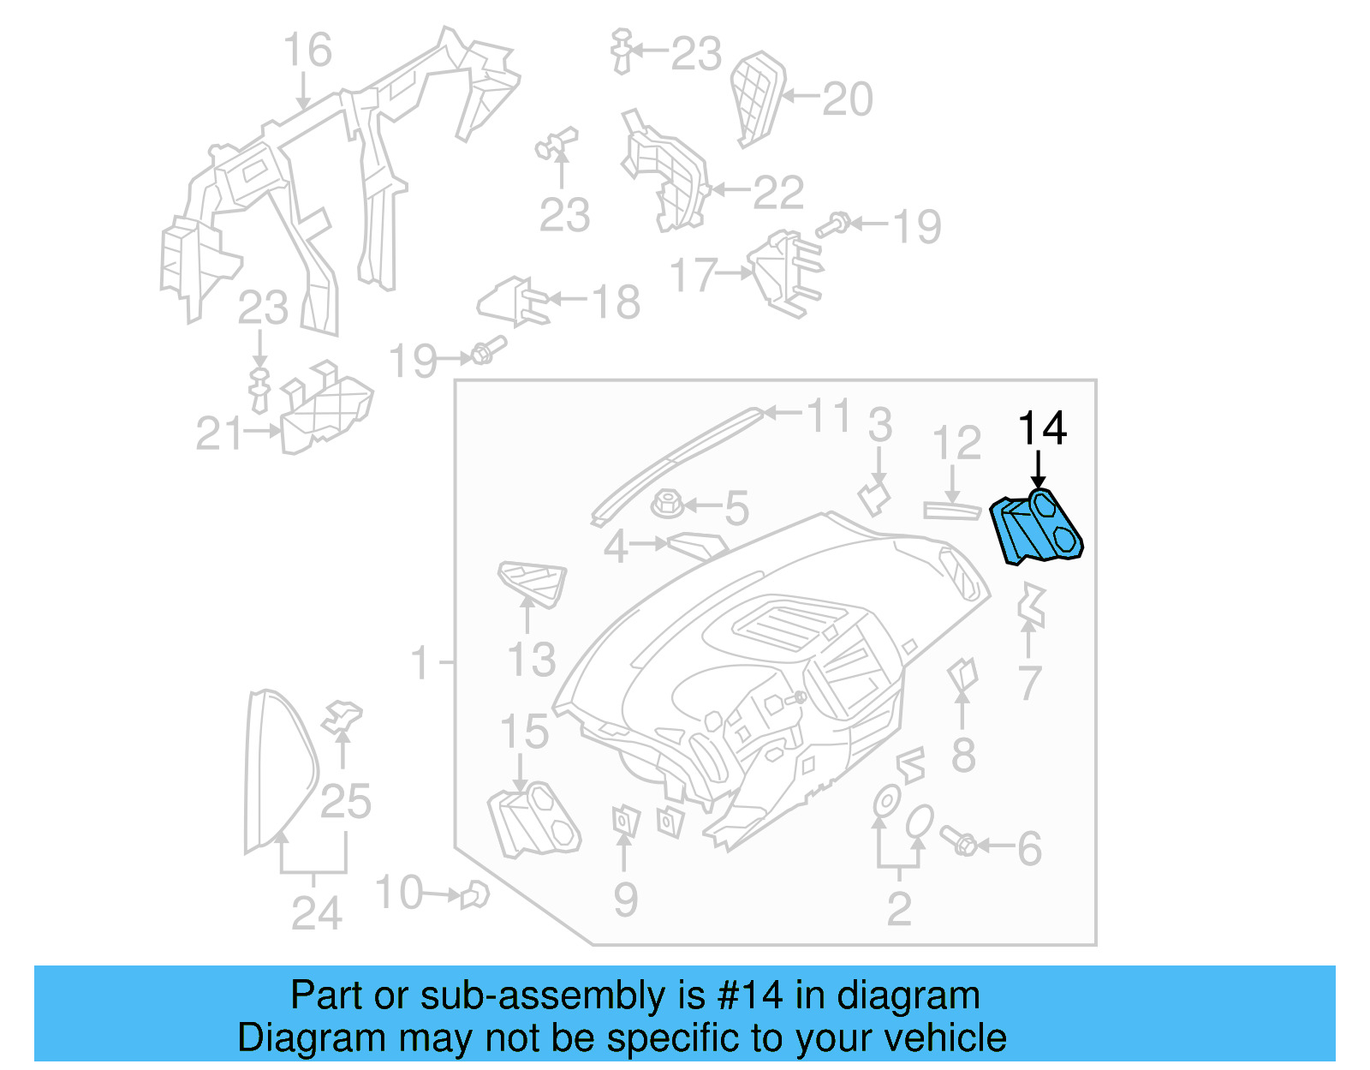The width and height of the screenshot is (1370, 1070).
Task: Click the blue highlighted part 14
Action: tap(1036, 529)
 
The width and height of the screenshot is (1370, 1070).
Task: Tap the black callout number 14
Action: tap(1042, 428)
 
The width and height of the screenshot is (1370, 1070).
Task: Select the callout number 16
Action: tap(307, 51)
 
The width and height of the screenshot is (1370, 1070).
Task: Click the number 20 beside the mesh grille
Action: tap(847, 99)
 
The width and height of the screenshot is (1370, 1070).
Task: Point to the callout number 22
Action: tap(778, 193)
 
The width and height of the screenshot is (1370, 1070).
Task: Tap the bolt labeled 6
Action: tap(958, 840)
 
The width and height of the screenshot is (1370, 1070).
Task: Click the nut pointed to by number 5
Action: tap(667, 504)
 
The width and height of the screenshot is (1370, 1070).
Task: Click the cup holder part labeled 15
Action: tap(534, 820)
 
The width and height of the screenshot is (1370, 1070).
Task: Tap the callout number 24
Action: tap(316, 913)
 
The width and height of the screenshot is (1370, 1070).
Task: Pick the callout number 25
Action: tap(346, 802)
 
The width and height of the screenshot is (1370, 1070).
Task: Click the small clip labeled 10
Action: tap(474, 895)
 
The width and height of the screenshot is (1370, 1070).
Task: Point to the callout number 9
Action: tap(625, 900)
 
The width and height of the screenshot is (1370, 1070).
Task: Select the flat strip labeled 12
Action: tap(951, 511)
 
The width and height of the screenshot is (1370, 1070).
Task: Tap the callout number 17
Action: tap(693, 276)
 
